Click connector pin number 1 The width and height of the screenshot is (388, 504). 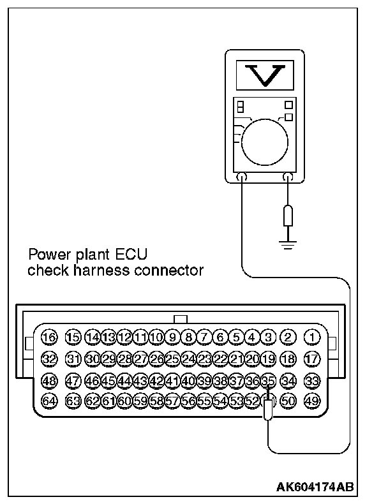[312, 336]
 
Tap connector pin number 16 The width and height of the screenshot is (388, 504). [49, 336]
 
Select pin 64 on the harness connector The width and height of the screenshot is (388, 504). [49, 401]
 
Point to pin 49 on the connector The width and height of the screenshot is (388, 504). [312, 401]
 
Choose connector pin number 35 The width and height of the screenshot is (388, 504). [269, 381]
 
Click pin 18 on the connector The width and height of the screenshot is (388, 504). [288, 359]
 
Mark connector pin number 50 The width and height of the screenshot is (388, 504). [288, 401]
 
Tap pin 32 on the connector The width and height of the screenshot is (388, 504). [49, 359]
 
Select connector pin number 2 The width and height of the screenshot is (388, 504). [288, 336]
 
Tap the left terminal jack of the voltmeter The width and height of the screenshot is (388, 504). [241, 177]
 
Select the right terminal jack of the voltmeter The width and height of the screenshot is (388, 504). [288, 177]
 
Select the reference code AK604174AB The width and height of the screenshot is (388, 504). [315, 487]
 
